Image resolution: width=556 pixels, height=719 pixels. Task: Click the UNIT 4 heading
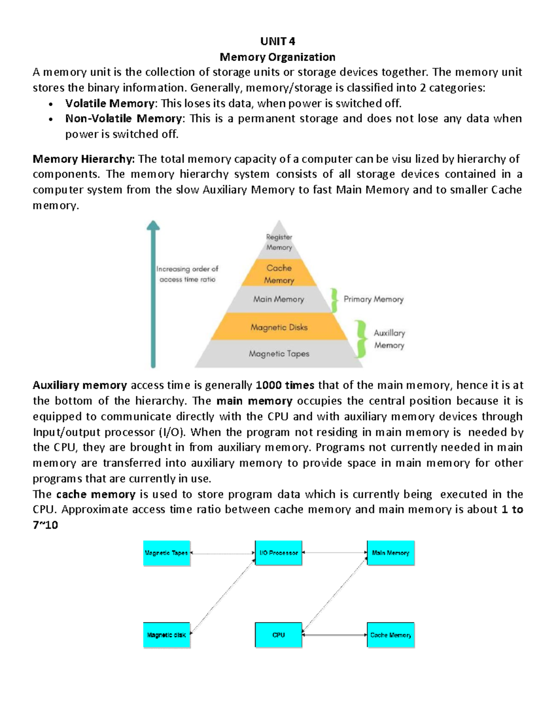click(x=278, y=42)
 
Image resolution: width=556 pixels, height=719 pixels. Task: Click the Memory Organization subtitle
click(x=278, y=57)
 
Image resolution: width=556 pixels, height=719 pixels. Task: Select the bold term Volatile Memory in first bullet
click(x=110, y=103)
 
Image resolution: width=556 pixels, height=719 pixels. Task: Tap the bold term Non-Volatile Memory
click(x=124, y=119)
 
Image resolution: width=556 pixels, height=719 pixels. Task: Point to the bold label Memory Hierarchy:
click(x=83, y=159)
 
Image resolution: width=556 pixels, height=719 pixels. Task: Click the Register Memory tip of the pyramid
click(x=279, y=242)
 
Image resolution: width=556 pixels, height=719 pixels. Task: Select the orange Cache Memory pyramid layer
click(x=279, y=274)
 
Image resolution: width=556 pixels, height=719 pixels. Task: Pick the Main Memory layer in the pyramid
click(x=278, y=299)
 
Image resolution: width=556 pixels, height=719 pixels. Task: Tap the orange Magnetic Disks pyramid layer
click(x=279, y=327)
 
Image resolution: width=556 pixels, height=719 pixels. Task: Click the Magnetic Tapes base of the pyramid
click(x=279, y=354)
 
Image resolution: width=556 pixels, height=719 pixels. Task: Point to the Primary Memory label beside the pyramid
click(x=373, y=299)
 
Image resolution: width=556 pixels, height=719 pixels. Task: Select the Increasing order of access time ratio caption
click(x=187, y=274)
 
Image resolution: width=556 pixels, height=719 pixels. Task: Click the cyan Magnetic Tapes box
click(x=167, y=553)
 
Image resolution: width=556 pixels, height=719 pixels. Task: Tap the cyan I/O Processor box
click(x=278, y=553)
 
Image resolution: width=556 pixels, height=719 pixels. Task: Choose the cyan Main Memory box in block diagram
click(x=391, y=553)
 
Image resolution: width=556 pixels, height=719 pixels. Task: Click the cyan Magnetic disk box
click(x=167, y=635)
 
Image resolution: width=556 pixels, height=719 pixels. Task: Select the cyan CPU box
click(x=278, y=635)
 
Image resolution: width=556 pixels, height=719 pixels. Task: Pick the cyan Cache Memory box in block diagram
click(x=391, y=635)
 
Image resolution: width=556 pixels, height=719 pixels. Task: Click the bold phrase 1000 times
click(x=285, y=385)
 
